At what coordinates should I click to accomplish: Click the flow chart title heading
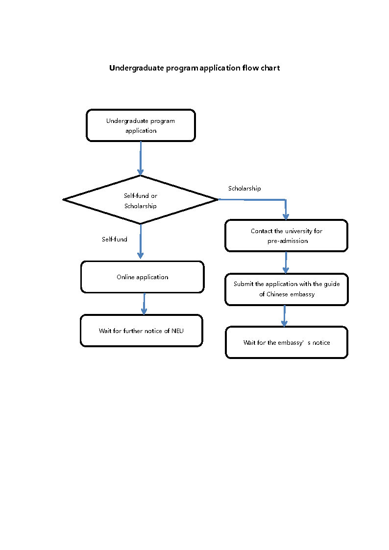[x=194, y=68]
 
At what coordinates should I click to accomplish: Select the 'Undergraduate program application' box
[x=141, y=125]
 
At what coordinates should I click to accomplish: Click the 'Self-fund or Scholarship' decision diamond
[x=141, y=200]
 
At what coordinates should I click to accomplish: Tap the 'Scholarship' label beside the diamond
[x=244, y=189]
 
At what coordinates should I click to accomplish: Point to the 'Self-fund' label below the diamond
[x=114, y=239]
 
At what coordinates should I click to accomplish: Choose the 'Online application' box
[x=142, y=277]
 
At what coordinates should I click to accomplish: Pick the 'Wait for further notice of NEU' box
[x=141, y=331]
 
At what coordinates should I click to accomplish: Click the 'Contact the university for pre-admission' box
[x=286, y=236]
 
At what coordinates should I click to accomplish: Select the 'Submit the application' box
[x=286, y=289]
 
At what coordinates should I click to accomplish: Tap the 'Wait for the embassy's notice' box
[x=286, y=342]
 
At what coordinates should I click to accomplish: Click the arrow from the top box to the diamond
[x=141, y=158]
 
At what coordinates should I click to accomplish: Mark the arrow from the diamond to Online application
[x=141, y=241]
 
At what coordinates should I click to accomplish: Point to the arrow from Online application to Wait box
[x=144, y=304]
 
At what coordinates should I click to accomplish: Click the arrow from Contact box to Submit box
[x=286, y=262]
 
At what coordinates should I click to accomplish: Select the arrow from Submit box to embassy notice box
[x=284, y=315]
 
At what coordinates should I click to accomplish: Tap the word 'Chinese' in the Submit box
[x=277, y=294]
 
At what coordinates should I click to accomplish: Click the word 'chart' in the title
[x=270, y=68]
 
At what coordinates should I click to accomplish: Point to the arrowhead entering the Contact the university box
[x=286, y=216]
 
